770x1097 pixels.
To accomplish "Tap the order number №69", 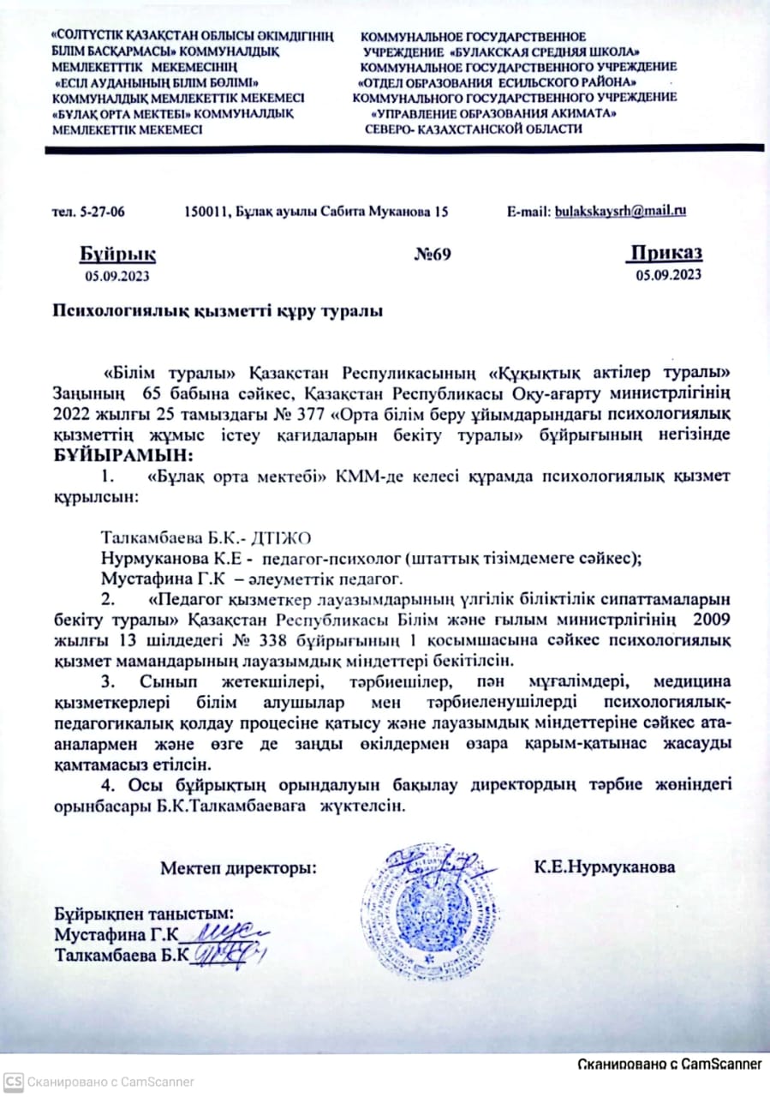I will coord(432,254).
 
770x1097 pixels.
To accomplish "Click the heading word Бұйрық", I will coord(118,254).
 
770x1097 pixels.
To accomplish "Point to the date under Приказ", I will coord(668,274).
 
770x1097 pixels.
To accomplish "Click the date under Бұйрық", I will coord(116,275).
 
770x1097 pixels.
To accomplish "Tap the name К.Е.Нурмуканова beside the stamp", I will coord(604,867).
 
